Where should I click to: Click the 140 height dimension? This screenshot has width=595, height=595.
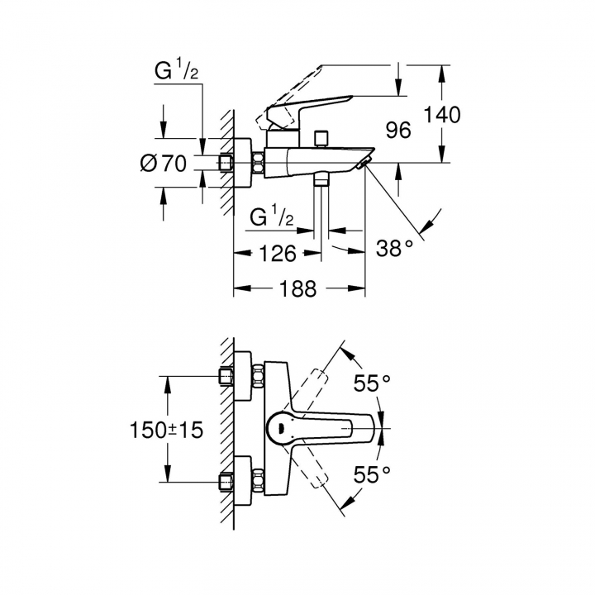pyautogui.click(x=442, y=115)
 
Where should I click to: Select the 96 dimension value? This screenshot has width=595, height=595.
pyautogui.click(x=398, y=131)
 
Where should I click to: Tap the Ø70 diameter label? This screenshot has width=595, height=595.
pyautogui.click(x=164, y=164)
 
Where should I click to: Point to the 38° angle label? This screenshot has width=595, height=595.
pyautogui.click(x=395, y=249)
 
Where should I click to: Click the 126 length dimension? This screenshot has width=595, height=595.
pyautogui.click(x=278, y=253)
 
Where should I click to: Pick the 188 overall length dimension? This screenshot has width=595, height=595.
pyautogui.click(x=297, y=288)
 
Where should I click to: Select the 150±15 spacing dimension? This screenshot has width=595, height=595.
pyautogui.click(x=167, y=430)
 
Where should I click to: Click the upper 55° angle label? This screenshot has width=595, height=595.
pyautogui.click(x=372, y=383)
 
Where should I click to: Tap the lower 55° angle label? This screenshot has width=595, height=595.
pyautogui.click(x=372, y=474)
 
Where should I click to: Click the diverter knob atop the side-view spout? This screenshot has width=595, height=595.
pyautogui.click(x=321, y=139)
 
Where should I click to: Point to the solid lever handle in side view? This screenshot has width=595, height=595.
pyautogui.click(x=308, y=112)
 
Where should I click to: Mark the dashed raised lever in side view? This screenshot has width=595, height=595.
pyautogui.click(x=289, y=98)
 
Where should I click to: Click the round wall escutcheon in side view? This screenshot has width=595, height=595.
pyautogui.click(x=242, y=163)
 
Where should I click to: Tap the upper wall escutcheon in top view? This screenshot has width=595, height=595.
pyautogui.click(x=242, y=376)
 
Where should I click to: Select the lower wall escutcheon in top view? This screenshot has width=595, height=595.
pyautogui.click(x=242, y=482)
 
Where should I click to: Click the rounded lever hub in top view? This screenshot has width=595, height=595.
pyautogui.click(x=281, y=429)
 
